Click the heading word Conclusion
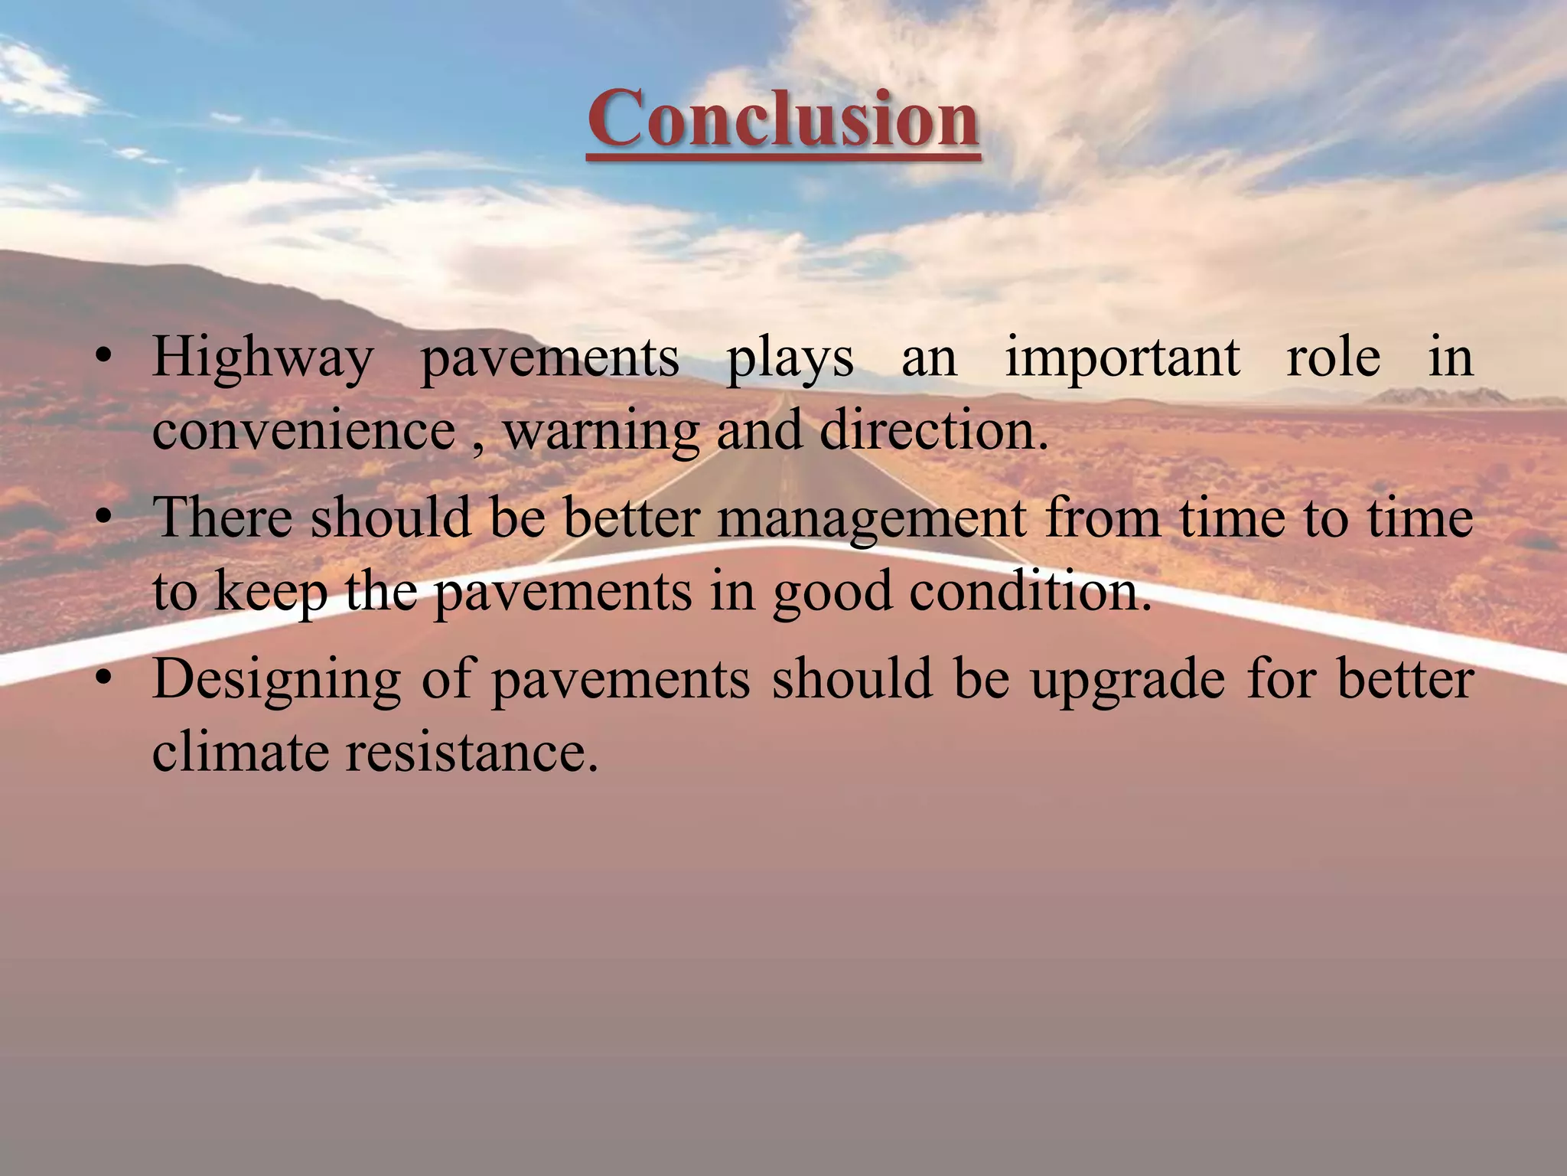click(x=783, y=119)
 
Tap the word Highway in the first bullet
click(x=262, y=358)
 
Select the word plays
click(x=790, y=358)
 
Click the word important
click(x=1122, y=358)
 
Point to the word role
click(x=1334, y=358)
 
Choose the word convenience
click(x=304, y=430)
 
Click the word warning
click(x=601, y=430)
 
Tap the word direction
click(x=933, y=430)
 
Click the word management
click(x=871, y=518)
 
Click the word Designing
click(x=276, y=680)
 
